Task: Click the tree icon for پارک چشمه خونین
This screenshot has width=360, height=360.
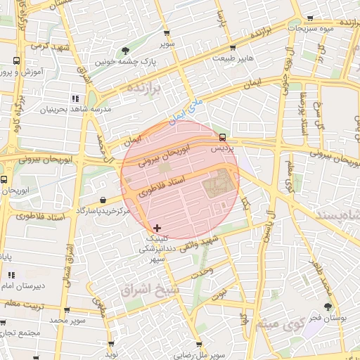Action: (x=126, y=50)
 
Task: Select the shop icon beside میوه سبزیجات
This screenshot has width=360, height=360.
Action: (x=311, y=18)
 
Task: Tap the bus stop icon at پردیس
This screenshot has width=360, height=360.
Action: (x=222, y=137)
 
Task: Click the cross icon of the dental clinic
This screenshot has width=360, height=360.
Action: (x=156, y=228)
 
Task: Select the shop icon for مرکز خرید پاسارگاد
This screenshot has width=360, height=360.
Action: (x=104, y=200)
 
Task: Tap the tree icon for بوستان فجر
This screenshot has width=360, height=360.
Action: (x=328, y=307)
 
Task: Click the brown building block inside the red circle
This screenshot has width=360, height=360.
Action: (x=219, y=185)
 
